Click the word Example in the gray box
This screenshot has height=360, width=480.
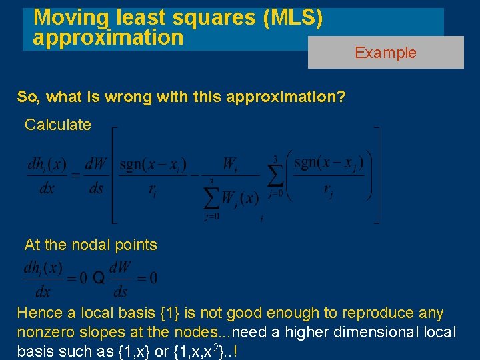[385, 53]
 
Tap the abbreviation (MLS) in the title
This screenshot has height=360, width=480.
[294, 17]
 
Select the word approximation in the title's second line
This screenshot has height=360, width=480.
[108, 37]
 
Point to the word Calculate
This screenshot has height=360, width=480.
[58, 125]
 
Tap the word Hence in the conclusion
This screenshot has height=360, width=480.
[38, 313]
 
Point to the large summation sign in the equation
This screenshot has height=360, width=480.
[275, 176]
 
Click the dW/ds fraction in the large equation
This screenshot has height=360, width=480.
[97, 176]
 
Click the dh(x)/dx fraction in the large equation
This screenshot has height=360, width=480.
[47, 176]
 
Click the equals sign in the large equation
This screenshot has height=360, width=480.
[75, 175]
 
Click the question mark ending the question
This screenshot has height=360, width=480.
[342, 97]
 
